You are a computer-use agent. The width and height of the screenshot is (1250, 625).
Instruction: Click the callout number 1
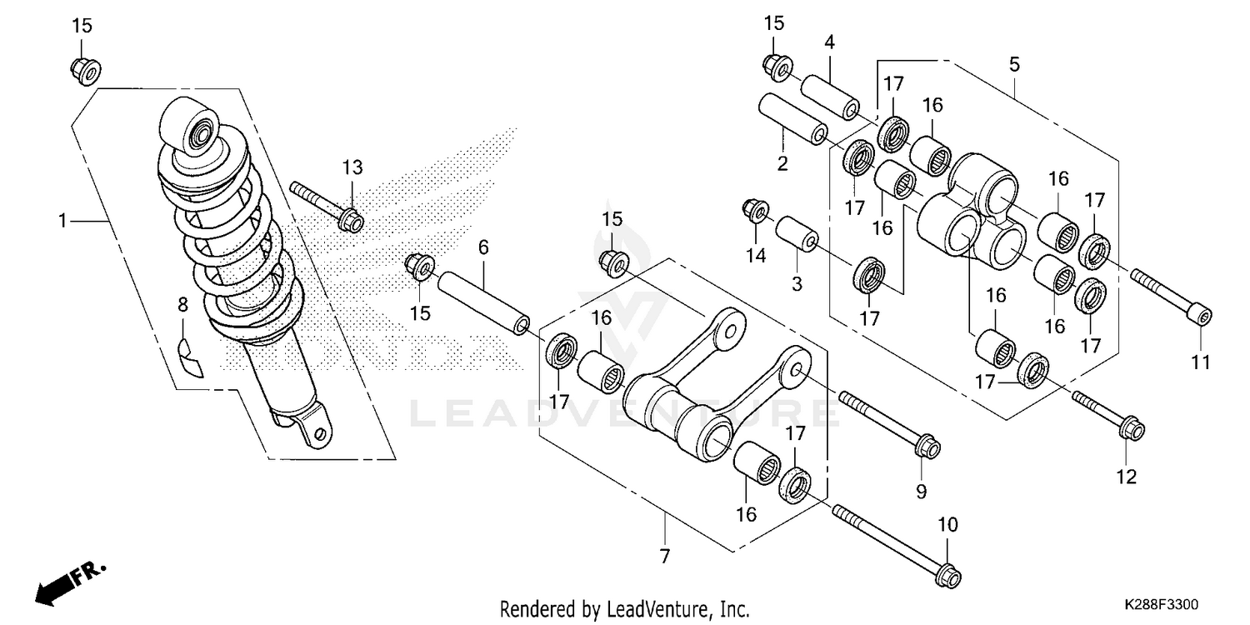coord(62,221)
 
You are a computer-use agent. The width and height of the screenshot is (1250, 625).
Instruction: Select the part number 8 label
coord(182,305)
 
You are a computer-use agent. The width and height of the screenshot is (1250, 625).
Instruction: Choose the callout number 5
coord(1014,64)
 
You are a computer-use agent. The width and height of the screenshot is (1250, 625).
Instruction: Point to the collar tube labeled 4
coord(830,97)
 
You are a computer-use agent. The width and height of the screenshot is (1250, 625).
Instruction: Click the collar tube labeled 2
coord(792,120)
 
